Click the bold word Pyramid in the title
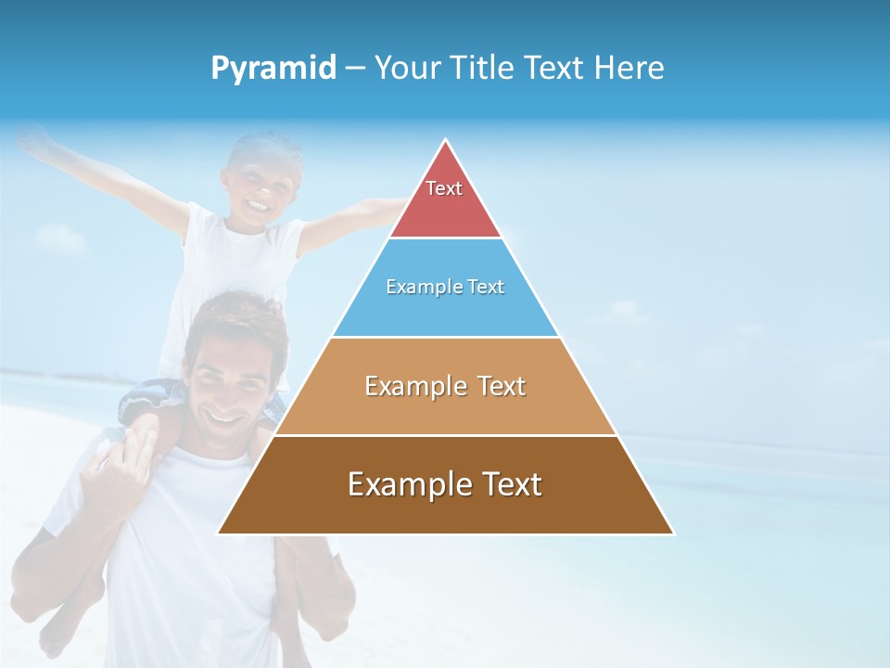(273, 69)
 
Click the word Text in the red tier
(444, 188)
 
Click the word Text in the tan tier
(500, 386)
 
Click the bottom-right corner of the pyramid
(672, 533)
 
